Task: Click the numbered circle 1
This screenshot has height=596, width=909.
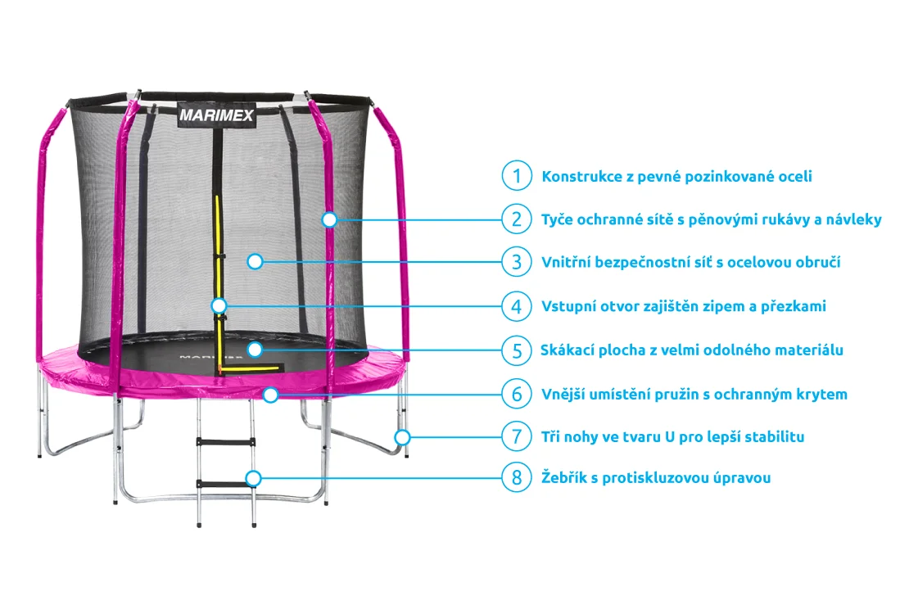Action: pyautogui.click(x=517, y=176)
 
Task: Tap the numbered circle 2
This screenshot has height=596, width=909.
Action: pyautogui.click(x=517, y=219)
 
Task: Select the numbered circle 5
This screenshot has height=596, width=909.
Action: pyautogui.click(x=517, y=350)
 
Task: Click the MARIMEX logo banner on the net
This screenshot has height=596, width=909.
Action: pyautogui.click(x=217, y=115)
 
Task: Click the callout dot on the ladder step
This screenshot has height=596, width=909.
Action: pyautogui.click(x=255, y=477)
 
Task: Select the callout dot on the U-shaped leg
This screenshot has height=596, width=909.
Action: pyautogui.click(x=401, y=436)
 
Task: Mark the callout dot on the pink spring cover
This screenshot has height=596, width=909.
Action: pyautogui.click(x=270, y=395)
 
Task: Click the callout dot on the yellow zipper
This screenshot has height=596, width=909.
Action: pyautogui.click(x=219, y=306)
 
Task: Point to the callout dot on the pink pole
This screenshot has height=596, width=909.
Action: pyautogui.click(x=329, y=219)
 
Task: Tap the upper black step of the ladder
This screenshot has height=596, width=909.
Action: pyautogui.click(x=224, y=442)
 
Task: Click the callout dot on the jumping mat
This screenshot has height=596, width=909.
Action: pyautogui.click(x=255, y=350)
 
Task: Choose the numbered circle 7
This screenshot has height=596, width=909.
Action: pyautogui.click(x=517, y=436)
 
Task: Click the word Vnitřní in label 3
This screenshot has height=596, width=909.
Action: pyautogui.click(x=568, y=263)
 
